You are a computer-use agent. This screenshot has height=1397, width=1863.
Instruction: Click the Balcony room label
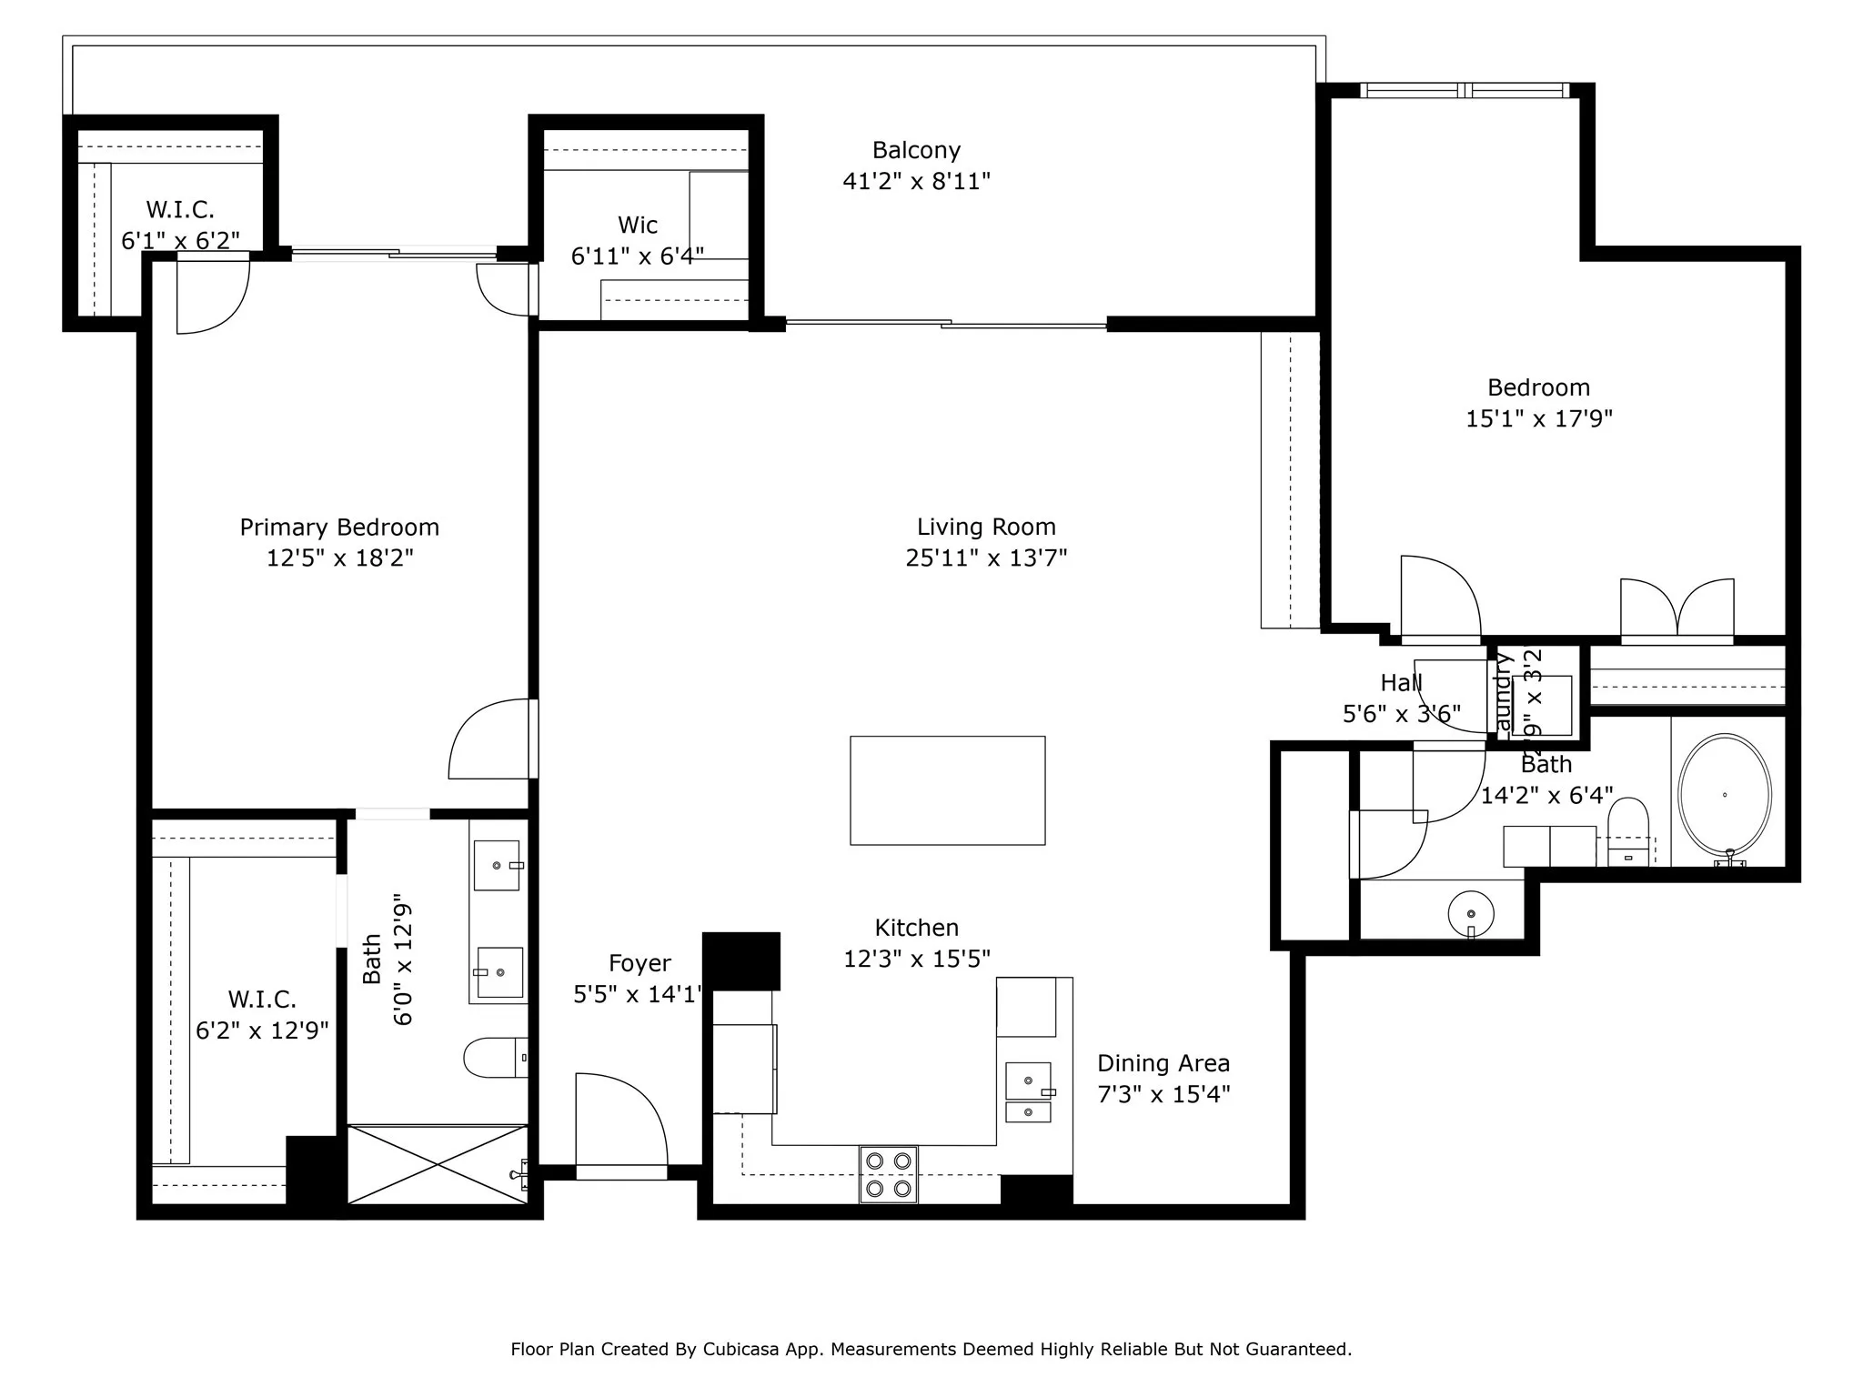click(916, 150)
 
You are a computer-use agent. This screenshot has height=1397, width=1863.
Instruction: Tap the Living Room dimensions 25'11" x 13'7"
click(986, 558)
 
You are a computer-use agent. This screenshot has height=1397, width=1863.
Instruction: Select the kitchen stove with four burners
click(889, 1174)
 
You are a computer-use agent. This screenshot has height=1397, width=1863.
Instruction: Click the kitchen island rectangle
click(947, 790)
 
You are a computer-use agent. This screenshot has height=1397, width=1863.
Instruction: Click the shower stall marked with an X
click(438, 1165)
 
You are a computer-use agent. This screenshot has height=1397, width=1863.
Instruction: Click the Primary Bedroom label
click(339, 528)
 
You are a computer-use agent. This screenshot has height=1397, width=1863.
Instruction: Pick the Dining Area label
click(1163, 1063)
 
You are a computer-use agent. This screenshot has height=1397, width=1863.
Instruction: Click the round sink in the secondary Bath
click(1470, 913)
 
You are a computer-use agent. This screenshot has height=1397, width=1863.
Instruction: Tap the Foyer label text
click(639, 963)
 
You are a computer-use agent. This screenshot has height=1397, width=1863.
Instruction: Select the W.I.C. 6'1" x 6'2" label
click(180, 226)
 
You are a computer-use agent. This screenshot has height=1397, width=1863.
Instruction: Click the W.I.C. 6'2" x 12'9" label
click(262, 1015)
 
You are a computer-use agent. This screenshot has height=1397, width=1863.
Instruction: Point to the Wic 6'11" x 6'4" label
click(637, 241)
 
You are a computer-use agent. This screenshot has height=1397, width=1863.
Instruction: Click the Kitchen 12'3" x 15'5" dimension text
click(916, 959)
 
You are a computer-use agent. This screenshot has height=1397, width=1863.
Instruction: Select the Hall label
click(1400, 683)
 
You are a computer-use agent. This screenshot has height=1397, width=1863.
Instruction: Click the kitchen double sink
click(1028, 1092)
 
